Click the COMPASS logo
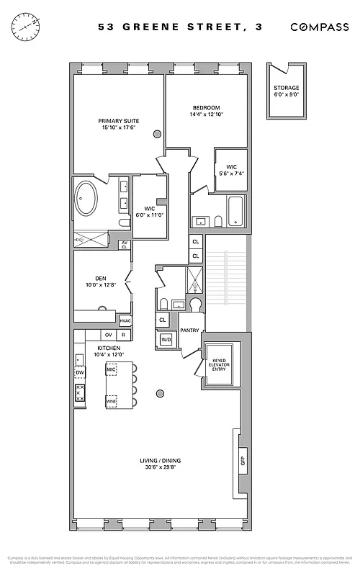(319, 27)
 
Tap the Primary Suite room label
(119, 120)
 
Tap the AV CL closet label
(124, 246)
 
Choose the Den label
(101, 279)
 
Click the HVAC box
(125, 320)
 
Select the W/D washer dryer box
(166, 339)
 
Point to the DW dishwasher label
(79, 372)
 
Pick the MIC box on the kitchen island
(112, 369)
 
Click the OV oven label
(109, 335)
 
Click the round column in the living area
(160, 393)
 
